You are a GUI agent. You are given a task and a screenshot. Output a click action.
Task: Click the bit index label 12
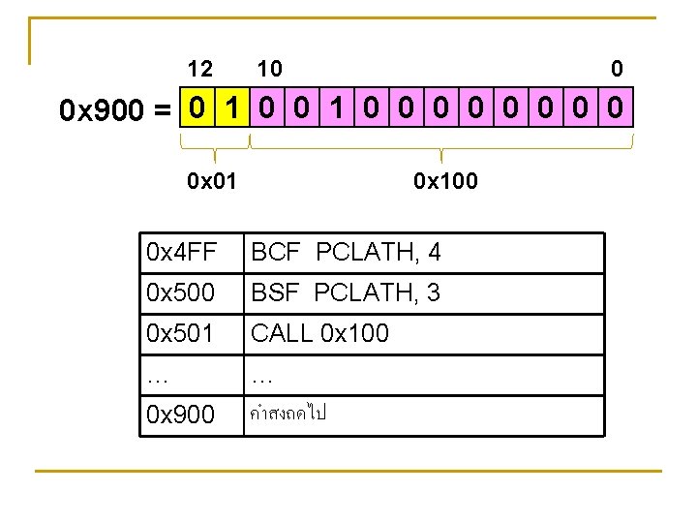click(x=200, y=69)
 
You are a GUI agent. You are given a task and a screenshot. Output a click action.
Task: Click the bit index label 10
click(x=269, y=69)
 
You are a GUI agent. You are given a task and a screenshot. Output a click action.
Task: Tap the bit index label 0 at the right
click(x=617, y=69)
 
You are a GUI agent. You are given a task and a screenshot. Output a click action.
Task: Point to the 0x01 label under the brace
click(x=211, y=180)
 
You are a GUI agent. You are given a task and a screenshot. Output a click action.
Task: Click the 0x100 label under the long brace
click(x=444, y=180)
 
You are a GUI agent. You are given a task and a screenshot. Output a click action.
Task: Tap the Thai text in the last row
click(x=288, y=414)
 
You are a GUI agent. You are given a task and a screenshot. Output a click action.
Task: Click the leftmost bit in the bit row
click(x=197, y=109)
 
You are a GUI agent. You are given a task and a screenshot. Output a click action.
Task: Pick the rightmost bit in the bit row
click(x=617, y=109)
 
